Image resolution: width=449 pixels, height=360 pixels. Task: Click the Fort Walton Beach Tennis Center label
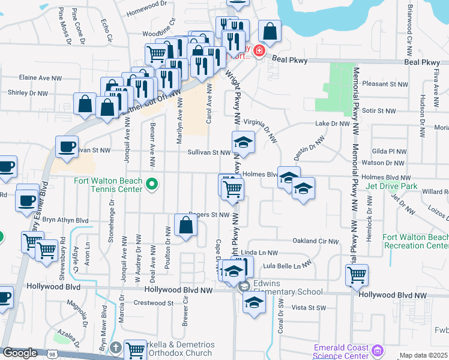[x=108, y=185]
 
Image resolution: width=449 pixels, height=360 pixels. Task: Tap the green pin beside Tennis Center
[x=152, y=184]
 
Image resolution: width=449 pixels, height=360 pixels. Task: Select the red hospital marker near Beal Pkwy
[x=259, y=52]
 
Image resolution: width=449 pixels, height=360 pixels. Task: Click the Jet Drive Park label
[x=391, y=186]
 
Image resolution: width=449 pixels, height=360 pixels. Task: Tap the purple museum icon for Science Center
[x=378, y=350]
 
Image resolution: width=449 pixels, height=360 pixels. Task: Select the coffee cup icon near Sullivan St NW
[x=67, y=146]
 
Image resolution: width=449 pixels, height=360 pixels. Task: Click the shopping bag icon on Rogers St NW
[x=186, y=226]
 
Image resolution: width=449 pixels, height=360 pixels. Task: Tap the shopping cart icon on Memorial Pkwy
[x=357, y=275]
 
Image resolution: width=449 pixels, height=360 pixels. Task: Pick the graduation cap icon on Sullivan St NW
[x=243, y=142]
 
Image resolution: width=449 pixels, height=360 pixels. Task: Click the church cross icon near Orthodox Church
[x=116, y=348]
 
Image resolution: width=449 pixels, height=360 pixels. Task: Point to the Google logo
[x=19, y=353]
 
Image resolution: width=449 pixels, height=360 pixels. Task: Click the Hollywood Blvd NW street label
[x=179, y=290]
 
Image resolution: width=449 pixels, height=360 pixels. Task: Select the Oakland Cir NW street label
[x=316, y=241]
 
